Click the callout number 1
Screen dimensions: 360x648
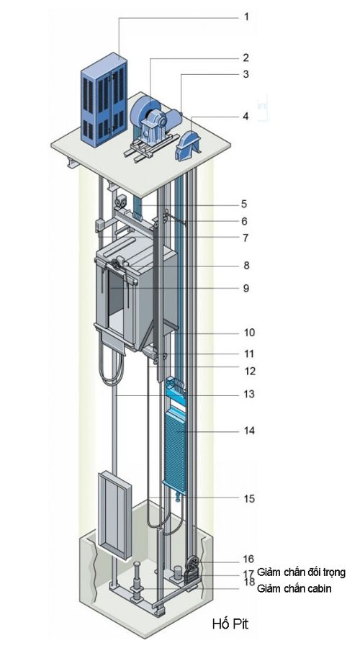[x=246, y=17]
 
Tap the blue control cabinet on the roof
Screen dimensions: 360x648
[x=104, y=99]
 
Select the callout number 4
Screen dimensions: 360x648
[x=246, y=117]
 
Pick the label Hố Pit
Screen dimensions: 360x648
[x=230, y=624]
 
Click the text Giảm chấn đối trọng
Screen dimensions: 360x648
[x=301, y=572]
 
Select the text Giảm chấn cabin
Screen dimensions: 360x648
[x=294, y=588]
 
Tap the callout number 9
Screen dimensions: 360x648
[x=246, y=288]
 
